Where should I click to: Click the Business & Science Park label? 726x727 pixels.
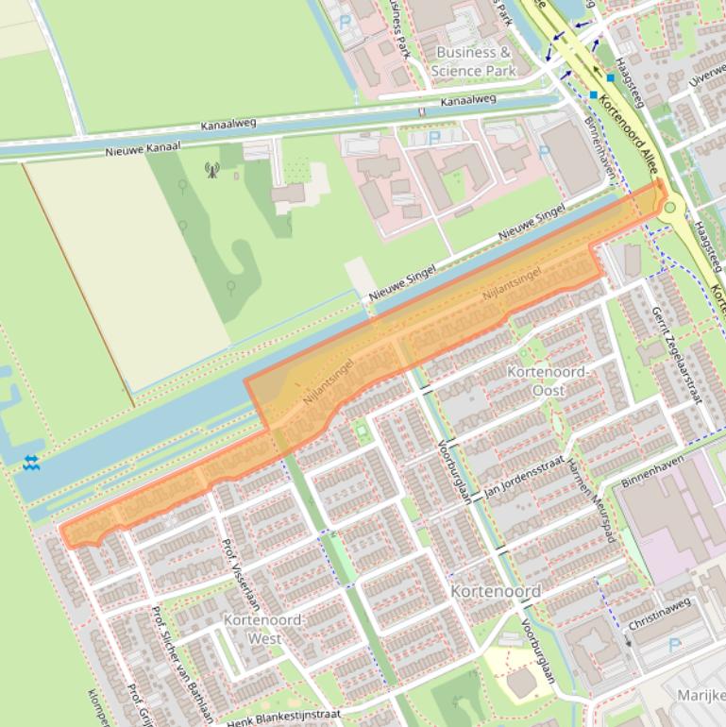(473, 61)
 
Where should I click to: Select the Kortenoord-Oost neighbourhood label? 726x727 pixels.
(549, 380)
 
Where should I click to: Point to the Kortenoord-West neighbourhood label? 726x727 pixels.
(262, 629)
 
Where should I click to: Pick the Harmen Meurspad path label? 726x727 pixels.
(592, 500)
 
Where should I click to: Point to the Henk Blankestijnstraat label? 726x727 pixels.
(283, 717)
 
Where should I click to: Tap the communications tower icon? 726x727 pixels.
(211, 170)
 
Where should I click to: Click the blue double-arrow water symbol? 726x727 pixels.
(31, 462)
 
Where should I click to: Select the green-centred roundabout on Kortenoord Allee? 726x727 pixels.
(671, 208)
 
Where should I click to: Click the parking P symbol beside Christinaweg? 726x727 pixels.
(674, 646)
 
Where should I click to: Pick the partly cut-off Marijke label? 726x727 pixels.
(701, 696)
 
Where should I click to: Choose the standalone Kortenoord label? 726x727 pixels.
(496, 591)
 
